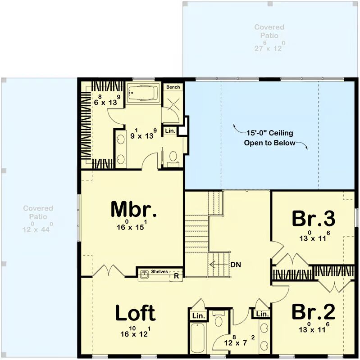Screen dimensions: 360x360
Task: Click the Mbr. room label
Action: (x=134, y=209)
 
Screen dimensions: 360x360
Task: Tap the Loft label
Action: (x=136, y=312)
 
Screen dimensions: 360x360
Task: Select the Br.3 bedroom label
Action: (x=314, y=218)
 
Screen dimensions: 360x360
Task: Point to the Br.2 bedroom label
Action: (x=314, y=311)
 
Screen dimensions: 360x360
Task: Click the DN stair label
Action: (x=236, y=265)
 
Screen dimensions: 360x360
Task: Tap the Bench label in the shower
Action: (x=173, y=87)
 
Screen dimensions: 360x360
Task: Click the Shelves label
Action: (x=159, y=272)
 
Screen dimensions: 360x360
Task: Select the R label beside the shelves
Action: (x=176, y=276)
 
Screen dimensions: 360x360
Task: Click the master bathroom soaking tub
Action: (x=143, y=93)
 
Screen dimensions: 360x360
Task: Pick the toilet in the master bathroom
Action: (x=173, y=158)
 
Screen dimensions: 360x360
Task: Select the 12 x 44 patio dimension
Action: (x=37, y=227)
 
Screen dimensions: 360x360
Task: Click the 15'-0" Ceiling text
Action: (x=269, y=133)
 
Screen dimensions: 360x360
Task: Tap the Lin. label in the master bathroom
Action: (x=170, y=130)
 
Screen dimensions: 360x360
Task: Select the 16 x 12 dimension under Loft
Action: (x=136, y=332)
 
